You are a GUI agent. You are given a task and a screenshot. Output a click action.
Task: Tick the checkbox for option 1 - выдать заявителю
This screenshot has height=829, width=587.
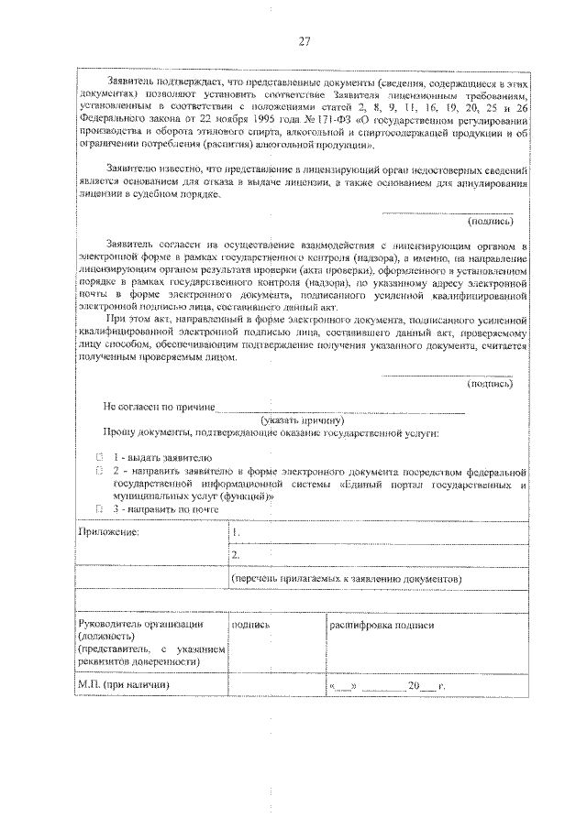tap(100, 456)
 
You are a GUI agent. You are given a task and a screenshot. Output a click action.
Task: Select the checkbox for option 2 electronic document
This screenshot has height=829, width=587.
tap(100, 469)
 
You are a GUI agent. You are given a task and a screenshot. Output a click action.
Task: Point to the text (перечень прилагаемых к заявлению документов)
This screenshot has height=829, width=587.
tap(347, 580)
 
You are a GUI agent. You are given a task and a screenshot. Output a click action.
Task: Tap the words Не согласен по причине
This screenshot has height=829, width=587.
tap(159, 406)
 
